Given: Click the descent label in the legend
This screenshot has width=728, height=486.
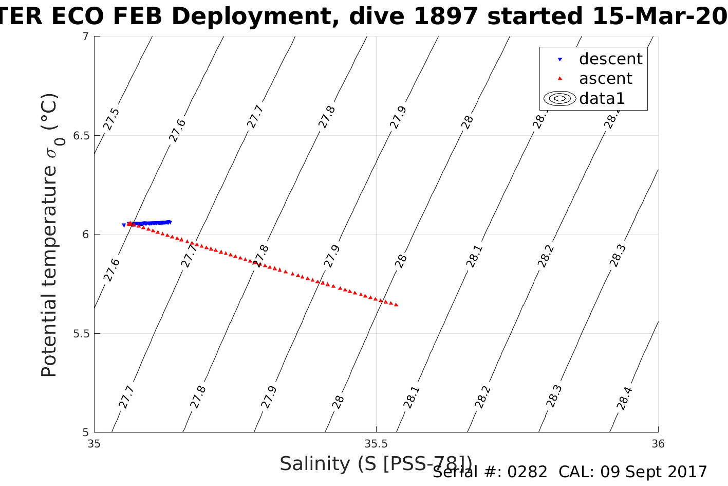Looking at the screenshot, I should pos(610,59).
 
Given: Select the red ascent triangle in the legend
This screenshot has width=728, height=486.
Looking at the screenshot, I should pos(560,79).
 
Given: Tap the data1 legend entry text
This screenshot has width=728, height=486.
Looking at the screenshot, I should pos(602,98).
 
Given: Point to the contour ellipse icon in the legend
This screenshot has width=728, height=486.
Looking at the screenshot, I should pos(560,98).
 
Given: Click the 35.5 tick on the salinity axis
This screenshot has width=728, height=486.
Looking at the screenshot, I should pos(376,443).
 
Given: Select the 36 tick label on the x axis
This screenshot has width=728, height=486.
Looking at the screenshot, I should pos(658,443).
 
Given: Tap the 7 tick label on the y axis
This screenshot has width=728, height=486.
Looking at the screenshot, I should pos(85,37).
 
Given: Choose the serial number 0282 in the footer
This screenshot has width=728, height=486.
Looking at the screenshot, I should pos(527,472).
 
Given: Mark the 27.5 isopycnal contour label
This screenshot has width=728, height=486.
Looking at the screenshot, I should pos(111,119).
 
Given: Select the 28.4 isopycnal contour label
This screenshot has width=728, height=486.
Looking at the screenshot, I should pos(625,398).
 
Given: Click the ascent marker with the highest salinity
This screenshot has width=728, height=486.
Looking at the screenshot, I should pos(396,305).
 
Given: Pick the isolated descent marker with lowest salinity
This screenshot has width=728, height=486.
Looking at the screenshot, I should pos(124,225).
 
